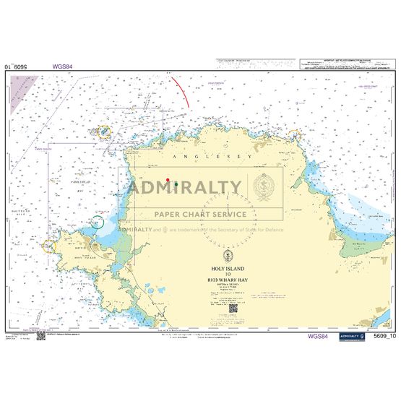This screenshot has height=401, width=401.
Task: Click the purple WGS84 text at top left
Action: [63, 66]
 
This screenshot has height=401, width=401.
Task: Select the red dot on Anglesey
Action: [168, 180]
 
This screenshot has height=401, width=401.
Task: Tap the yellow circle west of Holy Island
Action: [49, 246]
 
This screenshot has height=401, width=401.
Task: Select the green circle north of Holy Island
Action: [97, 223]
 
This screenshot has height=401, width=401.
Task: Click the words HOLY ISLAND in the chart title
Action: [230, 269]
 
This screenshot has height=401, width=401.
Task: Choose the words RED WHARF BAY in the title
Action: [230, 280]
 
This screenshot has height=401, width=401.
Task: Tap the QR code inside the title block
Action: [233, 309]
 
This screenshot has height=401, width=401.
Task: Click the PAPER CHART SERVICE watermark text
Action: [198, 214]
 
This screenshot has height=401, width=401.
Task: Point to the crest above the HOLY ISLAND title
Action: [230, 255]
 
